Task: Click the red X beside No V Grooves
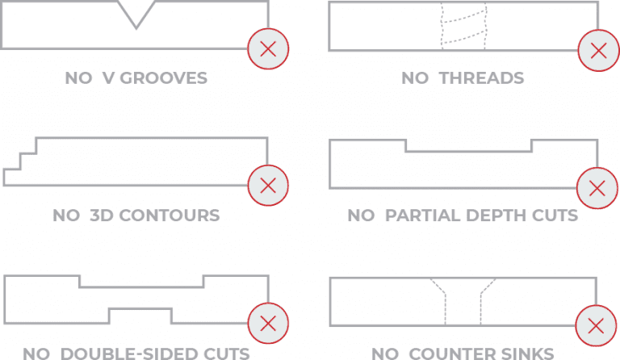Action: [x=269, y=49]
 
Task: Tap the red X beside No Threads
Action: [x=597, y=49]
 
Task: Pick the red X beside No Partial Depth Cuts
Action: [x=597, y=187]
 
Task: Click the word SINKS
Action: [x=526, y=354]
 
